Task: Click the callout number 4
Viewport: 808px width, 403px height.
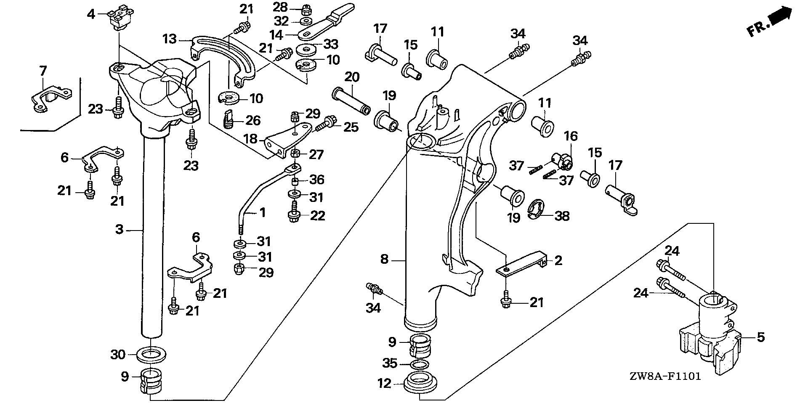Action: point(91,14)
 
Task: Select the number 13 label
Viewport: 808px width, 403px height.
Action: point(170,40)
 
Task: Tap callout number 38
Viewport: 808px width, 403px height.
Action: point(562,216)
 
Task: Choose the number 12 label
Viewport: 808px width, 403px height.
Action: point(385,383)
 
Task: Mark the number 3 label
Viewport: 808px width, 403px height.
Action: point(120,229)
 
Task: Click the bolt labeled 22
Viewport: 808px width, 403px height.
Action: point(294,213)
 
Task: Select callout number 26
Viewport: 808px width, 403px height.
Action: point(253,121)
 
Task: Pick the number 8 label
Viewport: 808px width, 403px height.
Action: point(384,259)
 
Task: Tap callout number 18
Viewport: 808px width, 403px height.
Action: point(250,138)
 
